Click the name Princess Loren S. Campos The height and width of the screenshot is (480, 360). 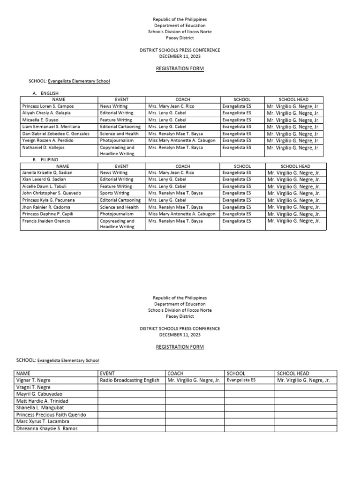pyautogui.click(x=48, y=106)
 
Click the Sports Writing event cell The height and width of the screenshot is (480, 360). pyautogui.click(x=114, y=193)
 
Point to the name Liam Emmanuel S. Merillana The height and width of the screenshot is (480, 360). pyautogui.click(x=51, y=127)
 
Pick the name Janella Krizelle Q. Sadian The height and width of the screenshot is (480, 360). pyautogui.click(x=47, y=173)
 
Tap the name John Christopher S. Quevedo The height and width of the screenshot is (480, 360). pyautogui.click(x=52, y=193)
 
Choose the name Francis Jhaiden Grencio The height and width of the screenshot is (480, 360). pyautogui.click(x=45, y=221)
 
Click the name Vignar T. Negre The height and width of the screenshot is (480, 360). pyautogui.click(x=33, y=380)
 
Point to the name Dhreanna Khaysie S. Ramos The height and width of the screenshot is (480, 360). pyautogui.click(x=47, y=428)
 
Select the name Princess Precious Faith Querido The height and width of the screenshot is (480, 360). pyautogui.click(x=51, y=415)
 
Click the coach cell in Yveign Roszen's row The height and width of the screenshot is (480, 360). pyautogui.click(x=181, y=140)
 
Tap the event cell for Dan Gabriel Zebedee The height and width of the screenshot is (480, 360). pyautogui.click(x=119, y=134)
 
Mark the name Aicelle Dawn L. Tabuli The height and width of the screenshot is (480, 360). pyautogui.click(x=45, y=187)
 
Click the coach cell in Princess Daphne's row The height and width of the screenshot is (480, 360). pyautogui.click(x=181, y=214)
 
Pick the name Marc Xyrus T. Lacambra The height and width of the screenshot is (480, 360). pyautogui.click(x=43, y=422)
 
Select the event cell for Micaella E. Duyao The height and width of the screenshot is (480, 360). pyautogui.click(x=116, y=120)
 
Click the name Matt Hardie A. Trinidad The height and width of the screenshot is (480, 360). pyautogui.click(x=42, y=401)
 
